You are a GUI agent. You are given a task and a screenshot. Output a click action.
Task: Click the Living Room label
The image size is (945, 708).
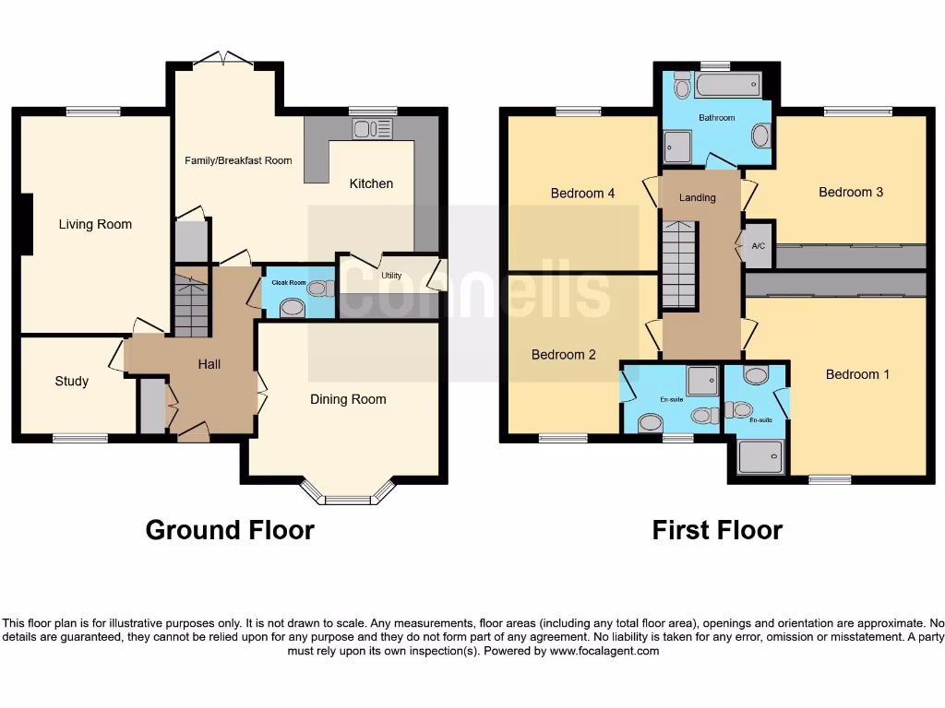point(95,224)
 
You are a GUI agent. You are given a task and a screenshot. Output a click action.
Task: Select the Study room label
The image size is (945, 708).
point(72,381)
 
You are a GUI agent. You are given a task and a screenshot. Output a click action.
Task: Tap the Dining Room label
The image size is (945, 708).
point(348,399)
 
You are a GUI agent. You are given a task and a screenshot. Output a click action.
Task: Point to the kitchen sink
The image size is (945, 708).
point(372,128)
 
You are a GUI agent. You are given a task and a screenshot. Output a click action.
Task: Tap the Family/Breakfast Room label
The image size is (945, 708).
point(238,160)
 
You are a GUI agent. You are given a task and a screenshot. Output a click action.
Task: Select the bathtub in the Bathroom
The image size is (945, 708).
point(728,88)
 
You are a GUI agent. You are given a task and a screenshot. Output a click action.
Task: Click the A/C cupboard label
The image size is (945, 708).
point(759,246)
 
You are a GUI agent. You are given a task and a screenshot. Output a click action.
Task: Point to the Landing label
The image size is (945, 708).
point(698,197)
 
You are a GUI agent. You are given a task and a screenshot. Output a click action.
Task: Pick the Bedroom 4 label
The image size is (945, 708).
point(582,193)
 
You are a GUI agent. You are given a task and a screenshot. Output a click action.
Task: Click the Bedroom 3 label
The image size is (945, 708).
point(851,192)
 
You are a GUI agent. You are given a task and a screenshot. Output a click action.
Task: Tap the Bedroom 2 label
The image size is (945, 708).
point(563,354)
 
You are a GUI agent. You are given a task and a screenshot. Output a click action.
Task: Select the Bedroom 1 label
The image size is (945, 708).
point(857,374)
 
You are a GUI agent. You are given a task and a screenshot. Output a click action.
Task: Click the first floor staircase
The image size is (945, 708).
point(678,264)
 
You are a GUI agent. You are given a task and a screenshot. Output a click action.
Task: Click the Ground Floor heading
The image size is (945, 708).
point(230,530)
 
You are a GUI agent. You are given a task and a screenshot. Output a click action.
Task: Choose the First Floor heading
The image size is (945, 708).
point(717,530)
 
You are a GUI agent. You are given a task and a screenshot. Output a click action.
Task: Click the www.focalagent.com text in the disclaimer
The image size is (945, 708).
point(605,651)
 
